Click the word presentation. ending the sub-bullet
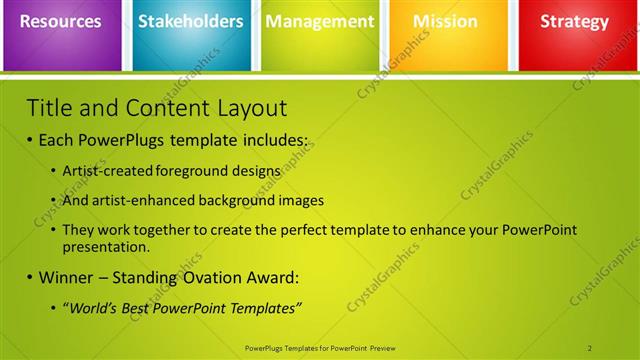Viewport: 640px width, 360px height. pos(106,246)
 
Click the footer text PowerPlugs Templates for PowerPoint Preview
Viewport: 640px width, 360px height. pos(319,348)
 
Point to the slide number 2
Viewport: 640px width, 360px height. pos(590,348)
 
